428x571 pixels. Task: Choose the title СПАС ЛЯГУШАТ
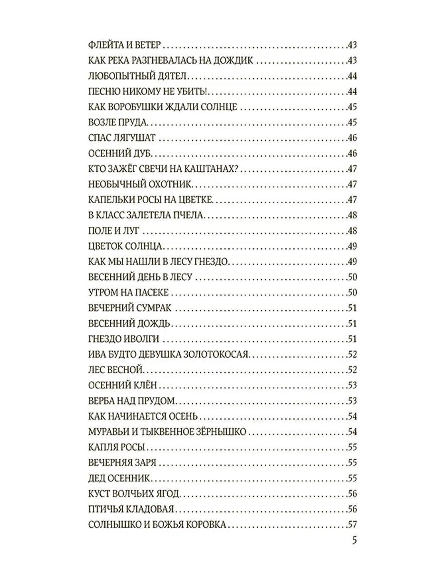point(123,138)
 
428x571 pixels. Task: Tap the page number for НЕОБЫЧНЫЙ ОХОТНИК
point(352,185)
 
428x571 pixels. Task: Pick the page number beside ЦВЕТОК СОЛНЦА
point(352,246)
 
